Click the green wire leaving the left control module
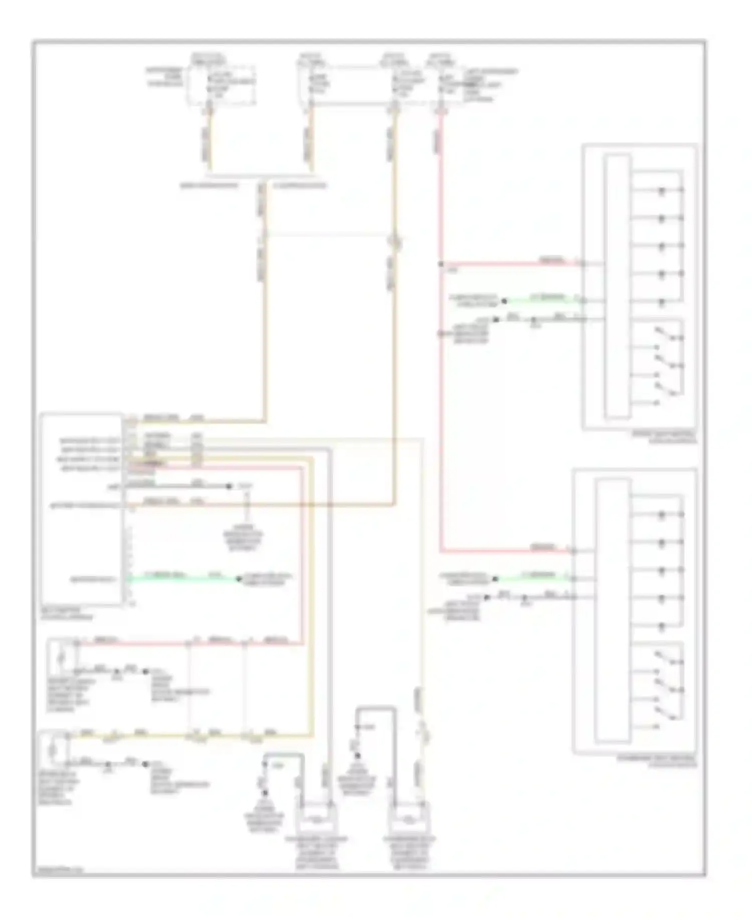coord(180,578)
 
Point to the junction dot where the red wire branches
coord(441,264)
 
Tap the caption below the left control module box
coord(67,614)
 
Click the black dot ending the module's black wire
coord(229,486)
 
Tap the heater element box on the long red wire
coord(62,656)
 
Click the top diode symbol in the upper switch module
coord(662,191)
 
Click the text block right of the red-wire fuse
coord(489,85)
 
